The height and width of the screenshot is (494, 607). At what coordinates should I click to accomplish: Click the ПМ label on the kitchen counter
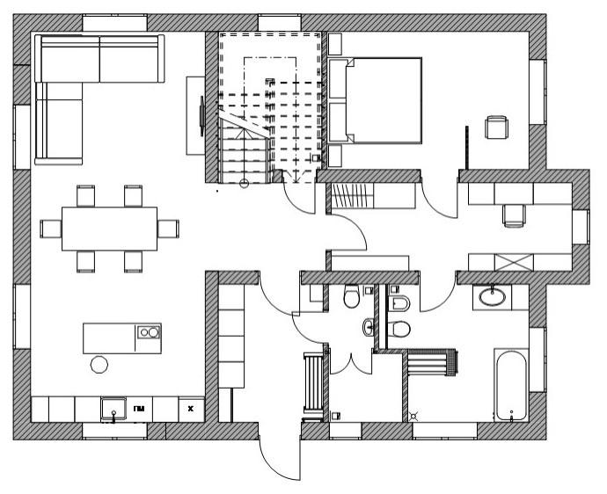tap(140, 409)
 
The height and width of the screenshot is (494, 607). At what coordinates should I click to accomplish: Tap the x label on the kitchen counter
tap(189, 409)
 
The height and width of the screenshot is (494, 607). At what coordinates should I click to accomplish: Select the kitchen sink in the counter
tap(113, 409)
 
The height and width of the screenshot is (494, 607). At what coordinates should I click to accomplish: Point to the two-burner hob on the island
tap(148, 333)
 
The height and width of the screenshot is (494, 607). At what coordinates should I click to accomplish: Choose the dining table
tap(111, 229)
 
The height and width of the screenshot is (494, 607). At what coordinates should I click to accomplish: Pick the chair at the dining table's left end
tap(51, 229)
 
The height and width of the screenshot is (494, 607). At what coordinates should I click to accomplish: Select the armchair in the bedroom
tap(497, 127)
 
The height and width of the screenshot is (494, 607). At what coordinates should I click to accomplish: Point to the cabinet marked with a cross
tap(513, 262)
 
